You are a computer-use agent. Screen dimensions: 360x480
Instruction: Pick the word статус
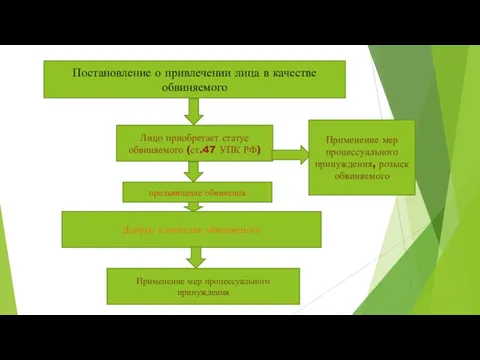[x=229, y=135]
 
